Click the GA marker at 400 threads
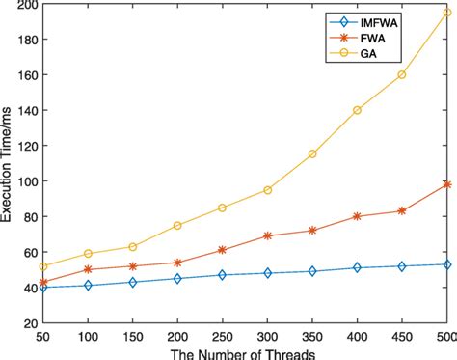(x=358, y=110)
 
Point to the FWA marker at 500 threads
(x=447, y=183)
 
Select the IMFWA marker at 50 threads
(x=42, y=287)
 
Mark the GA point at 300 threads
(x=267, y=189)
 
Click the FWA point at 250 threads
(x=223, y=250)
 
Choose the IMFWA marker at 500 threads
(x=447, y=263)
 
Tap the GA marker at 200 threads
(x=177, y=225)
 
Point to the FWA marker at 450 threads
(x=402, y=210)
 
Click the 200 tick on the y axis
(x=27, y=6)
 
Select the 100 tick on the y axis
(x=27, y=181)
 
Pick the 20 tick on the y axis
(x=29, y=322)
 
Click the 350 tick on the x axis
(x=312, y=335)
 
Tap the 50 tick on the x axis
(x=42, y=335)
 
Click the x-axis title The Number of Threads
(x=245, y=351)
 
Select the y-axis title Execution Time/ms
(x=9, y=164)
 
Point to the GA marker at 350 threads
(x=312, y=154)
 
